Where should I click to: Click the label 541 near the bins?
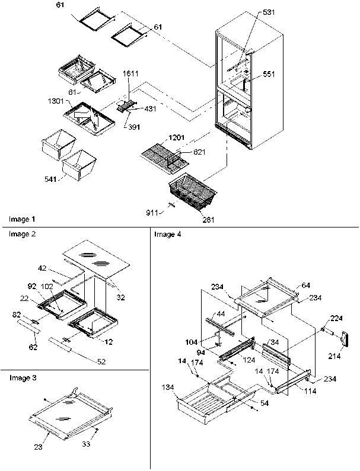click(x=50, y=178)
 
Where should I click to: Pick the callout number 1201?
click(x=177, y=137)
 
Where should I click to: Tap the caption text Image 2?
click(x=22, y=234)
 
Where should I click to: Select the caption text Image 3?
click(x=22, y=377)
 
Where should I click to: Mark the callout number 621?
click(x=185, y=152)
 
